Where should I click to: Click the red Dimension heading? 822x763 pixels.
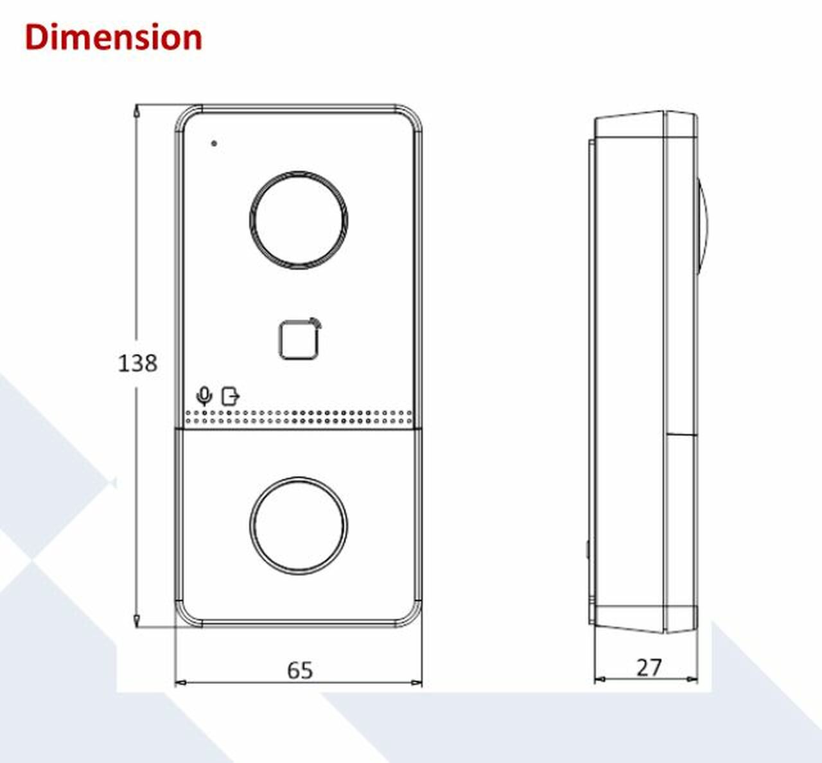pyautogui.click(x=113, y=37)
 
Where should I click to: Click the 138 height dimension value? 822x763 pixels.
pyautogui.click(x=137, y=364)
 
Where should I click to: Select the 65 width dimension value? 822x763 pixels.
pyautogui.click(x=299, y=670)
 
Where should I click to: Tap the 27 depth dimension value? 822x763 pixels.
pyautogui.click(x=648, y=668)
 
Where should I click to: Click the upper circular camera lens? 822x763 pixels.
pyautogui.click(x=299, y=220)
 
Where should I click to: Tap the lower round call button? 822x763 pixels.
pyautogui.click(x=299, y=525)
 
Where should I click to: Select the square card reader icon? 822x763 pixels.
pyautogui.click(x=299, y=339)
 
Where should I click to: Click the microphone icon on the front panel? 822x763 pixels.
pyautogui.click(x=204, y=396)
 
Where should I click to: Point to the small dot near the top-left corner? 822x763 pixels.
pyautogui.click(x=214, y=143)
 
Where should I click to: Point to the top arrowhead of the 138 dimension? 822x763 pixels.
pyautogui.click(x=136, y=110)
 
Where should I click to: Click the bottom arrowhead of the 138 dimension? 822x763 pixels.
pyautogui.click(x=136, y=620)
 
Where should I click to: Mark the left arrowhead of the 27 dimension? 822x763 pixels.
pyautogui.click(x=599, y=679)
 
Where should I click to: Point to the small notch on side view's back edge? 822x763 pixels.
pyautogui.click(x=588, y=550)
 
